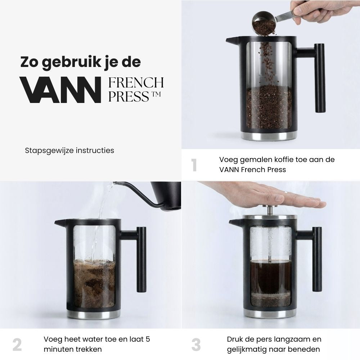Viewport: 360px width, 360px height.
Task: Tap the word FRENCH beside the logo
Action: coord(136,83)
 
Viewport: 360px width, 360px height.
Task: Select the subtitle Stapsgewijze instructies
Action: coord(69,150)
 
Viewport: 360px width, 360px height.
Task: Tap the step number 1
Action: coord(194,165)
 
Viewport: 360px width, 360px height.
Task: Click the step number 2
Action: coord(17,345)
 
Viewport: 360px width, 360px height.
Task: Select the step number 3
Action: coord(196,345)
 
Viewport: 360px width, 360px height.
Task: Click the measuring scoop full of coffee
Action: coord(263,22)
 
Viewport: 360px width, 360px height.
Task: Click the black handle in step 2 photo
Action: coord(141,259)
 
